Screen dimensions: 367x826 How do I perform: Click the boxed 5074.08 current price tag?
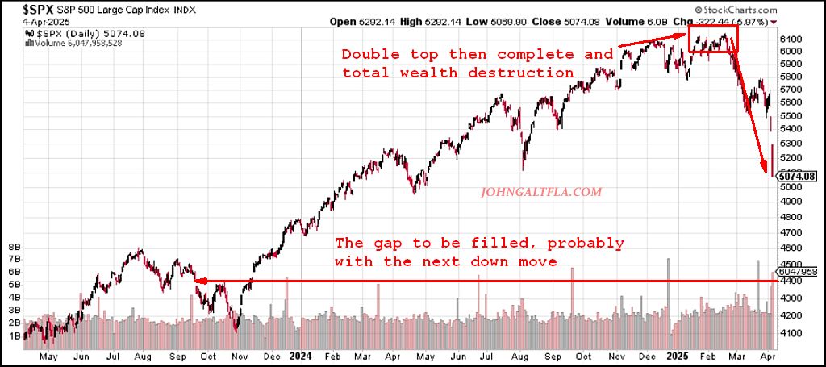(x=798, y=176)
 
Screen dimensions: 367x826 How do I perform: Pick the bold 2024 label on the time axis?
(x=301, y=356)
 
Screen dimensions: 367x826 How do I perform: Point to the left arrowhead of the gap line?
(x=200, y=282)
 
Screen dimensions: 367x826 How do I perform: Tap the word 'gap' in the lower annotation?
(x=386, y=243)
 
